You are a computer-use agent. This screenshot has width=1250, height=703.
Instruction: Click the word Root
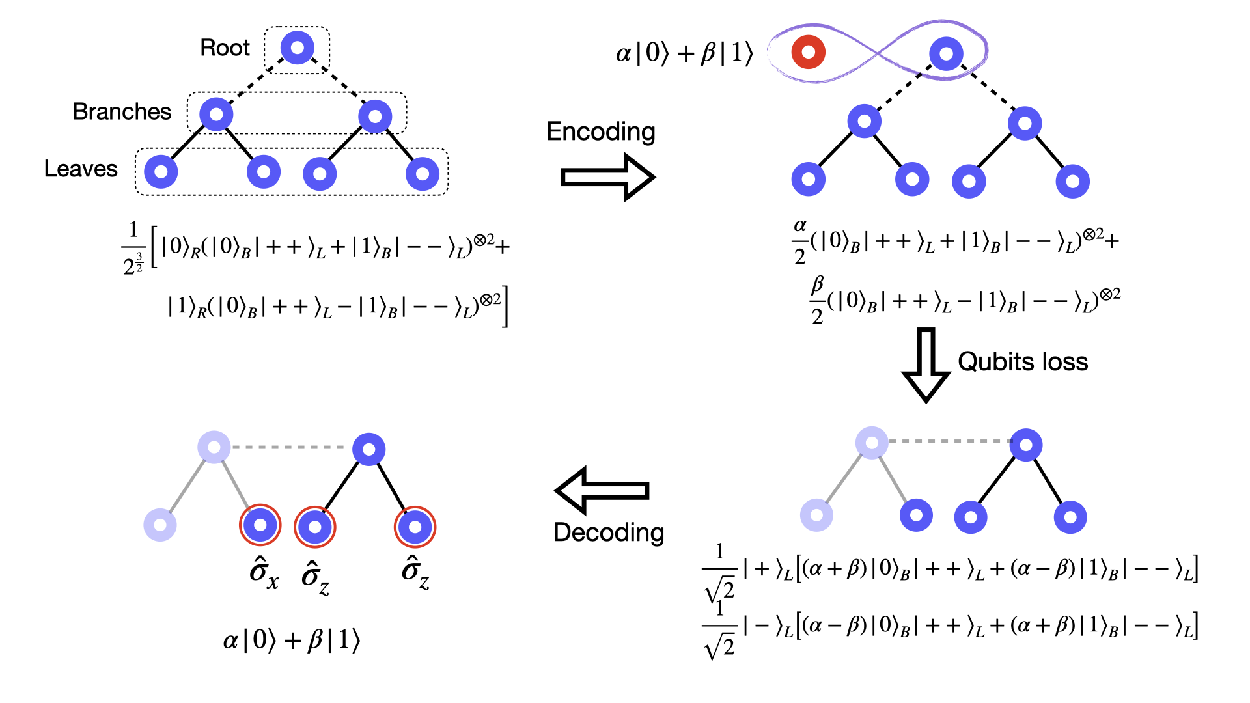click(x=225, y=48)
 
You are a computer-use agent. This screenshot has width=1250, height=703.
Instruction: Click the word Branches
click(x=122, y=112)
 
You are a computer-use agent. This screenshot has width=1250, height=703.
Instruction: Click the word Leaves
click(x=81, y=169)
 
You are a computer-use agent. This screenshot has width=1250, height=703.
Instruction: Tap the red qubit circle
click(x=808, y=52)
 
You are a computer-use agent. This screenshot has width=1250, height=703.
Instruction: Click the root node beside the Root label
click(x=297, y=48)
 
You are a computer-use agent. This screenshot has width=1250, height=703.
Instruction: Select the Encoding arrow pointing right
click(x=607, y=177)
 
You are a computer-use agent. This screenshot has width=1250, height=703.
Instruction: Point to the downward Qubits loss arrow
click(x=925, y=365)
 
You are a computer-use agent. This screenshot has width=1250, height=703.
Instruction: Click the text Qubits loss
click(x=1023, y=362)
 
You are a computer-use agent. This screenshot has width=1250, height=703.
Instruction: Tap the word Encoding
click(x=600, y=131)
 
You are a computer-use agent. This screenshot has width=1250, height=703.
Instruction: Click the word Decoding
click(x=609, y=532)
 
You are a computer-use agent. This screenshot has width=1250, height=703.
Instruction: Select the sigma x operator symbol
click(x=264, y=573)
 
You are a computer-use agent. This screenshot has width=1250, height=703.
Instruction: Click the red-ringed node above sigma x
click(x=260, y=525)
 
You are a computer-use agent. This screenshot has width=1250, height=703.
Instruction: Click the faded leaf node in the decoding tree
click(x=160, y=525)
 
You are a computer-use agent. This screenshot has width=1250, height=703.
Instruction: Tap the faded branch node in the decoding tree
click(x=214, y=447)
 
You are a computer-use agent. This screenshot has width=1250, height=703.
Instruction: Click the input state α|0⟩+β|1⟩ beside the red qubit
click(x=684, y=53)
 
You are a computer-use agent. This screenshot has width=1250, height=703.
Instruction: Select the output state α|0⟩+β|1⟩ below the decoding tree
click(x=291, y=641)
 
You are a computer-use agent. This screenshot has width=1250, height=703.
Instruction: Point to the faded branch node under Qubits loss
click(x=872, y=443)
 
